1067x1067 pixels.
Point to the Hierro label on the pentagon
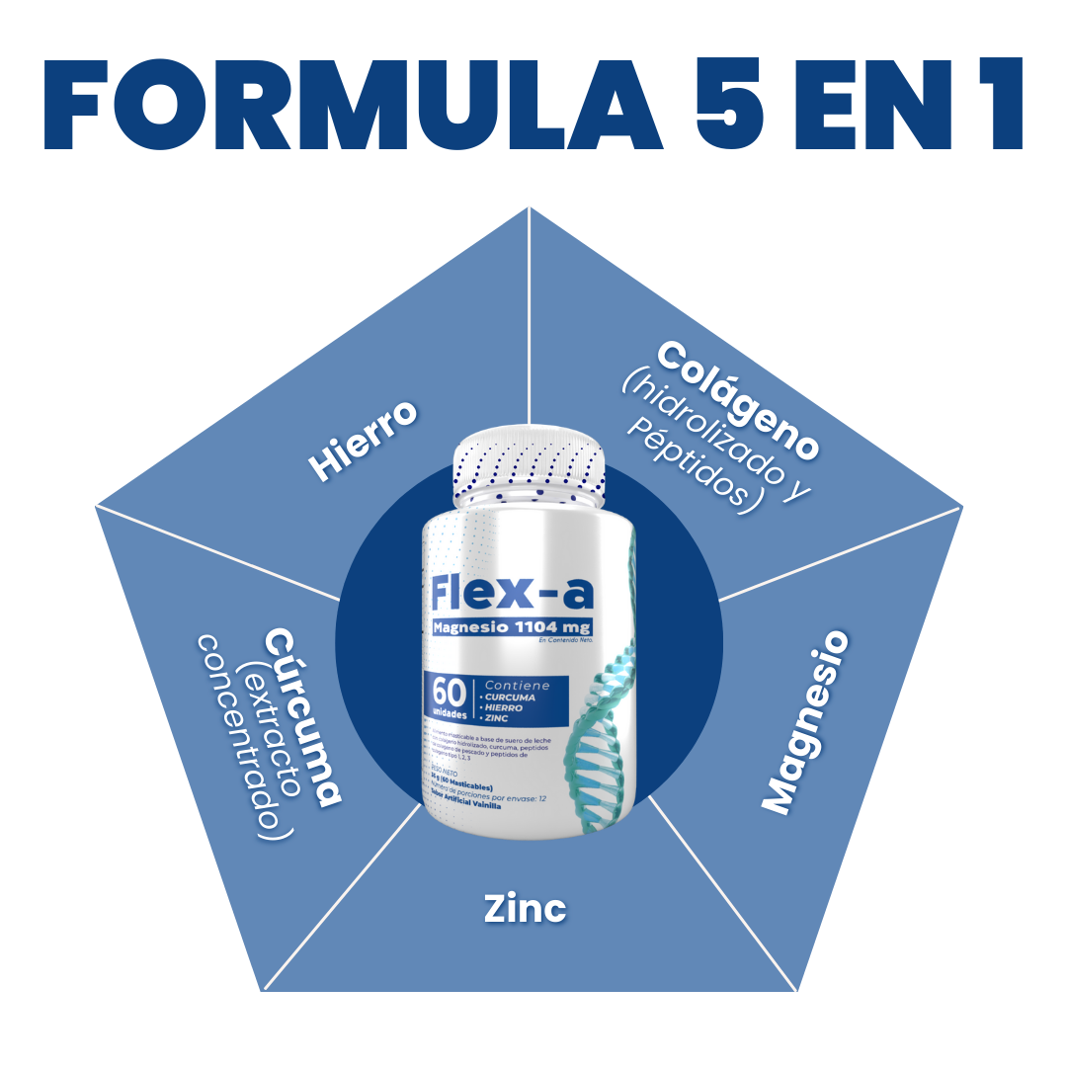pos(363,441)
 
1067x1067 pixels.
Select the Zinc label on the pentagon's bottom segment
pos(525,909)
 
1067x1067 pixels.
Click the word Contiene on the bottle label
pos(517,686)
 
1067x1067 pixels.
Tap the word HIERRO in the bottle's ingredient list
pos(501,707)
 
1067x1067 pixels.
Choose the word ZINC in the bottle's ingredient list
pos(494,718)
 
